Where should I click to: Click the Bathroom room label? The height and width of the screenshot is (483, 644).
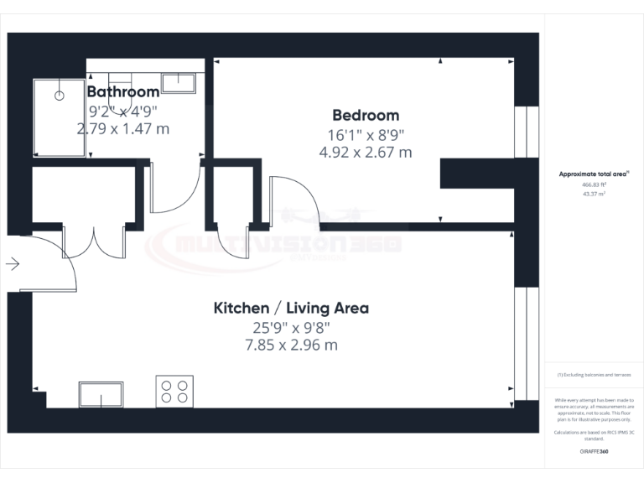[x=123, y=91]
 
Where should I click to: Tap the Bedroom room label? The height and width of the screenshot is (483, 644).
[x=366, y=115]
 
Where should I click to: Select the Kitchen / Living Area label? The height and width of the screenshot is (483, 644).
[x=291, y=308]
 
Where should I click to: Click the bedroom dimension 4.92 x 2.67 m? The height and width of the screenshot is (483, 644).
[x=366, y=152]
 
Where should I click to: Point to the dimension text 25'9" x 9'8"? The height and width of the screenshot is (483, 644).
[x=291, y=327]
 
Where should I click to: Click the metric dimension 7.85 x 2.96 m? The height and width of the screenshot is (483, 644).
[x=291, y=345]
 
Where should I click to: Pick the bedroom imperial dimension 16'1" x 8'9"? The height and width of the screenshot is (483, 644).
[x=366, y=134]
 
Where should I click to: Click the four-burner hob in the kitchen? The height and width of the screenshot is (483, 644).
[x=174, y=392]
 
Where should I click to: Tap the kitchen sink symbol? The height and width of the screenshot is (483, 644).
[x=101, y=393]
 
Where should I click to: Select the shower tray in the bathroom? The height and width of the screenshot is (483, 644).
[x=60, y=117]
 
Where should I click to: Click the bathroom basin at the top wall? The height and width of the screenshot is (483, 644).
[x=179, y=82]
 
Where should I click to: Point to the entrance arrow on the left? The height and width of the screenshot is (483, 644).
[x=13, y=264]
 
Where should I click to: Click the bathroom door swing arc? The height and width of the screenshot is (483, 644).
[x=176, y=189]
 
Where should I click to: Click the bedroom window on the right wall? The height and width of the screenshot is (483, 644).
[x=527, y=132]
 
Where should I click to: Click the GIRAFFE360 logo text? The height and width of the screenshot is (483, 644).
[x=594, y=452]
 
